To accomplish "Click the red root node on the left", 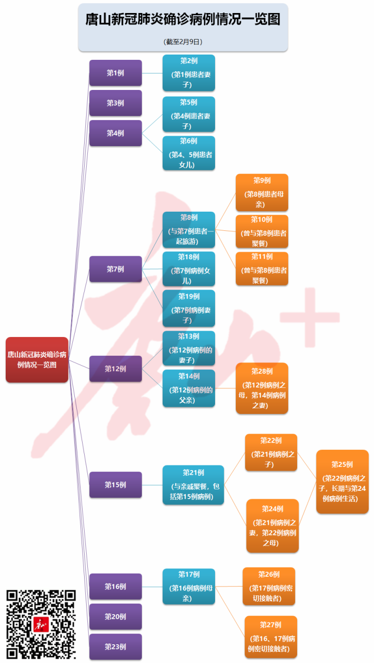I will point(37,359).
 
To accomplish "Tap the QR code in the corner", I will point(41,624).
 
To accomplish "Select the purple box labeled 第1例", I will point(115,73).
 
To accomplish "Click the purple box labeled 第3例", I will point(115,103).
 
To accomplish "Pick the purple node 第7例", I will point(115,269).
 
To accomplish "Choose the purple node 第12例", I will point(115,369).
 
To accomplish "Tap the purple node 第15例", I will point(115,485).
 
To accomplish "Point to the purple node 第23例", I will point(115,646).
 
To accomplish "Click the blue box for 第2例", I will point(189,73).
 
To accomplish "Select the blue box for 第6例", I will point(189,153).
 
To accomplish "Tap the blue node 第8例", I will point(189,230).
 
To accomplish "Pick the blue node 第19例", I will point(189,308).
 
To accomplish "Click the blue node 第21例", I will point(193,485).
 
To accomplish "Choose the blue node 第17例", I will point(189,587).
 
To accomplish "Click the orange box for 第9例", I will point(262,193).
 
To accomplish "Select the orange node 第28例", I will point(262,388).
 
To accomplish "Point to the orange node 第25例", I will point(342,482).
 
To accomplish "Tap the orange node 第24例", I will point(272,526).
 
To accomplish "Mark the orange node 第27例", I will point(271,637).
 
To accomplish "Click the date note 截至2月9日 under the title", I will point(183,41).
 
